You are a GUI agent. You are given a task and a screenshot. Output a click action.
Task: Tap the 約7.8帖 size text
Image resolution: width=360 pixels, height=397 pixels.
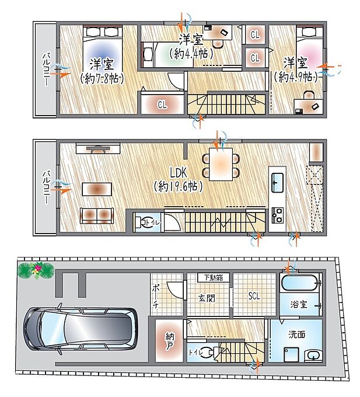102,79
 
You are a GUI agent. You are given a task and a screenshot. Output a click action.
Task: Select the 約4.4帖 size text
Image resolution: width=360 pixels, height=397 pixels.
191,54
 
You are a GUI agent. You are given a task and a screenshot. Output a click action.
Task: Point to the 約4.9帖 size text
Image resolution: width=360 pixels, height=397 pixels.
296,77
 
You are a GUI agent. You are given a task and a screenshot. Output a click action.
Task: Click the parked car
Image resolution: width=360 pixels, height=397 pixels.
81,329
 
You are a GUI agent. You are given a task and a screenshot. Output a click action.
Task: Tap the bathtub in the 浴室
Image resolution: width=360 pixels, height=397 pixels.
299,283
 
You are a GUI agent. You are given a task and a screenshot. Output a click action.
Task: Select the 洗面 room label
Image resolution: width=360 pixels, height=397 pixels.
297,335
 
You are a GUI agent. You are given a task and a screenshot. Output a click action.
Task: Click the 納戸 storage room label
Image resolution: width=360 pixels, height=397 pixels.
170,341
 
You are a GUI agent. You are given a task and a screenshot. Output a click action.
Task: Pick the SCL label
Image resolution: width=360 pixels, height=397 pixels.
254,296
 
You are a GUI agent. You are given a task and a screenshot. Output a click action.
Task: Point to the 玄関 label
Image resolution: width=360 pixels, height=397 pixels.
207,298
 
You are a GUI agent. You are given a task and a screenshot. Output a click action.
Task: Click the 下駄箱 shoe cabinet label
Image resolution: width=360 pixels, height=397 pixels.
214,278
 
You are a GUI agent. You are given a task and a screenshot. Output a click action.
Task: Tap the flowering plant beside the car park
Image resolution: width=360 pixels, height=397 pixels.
36,270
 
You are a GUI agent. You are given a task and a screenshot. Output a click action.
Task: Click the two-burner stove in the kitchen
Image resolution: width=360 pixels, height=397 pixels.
277,215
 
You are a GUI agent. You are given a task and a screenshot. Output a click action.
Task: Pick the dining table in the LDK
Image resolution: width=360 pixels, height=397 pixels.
221,164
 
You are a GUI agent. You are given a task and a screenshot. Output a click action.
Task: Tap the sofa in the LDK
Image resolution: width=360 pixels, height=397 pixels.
97,215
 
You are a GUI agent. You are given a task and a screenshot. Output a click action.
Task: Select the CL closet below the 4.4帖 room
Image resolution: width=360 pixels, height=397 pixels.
162,104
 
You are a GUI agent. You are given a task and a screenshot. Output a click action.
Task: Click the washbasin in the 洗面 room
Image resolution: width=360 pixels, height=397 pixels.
314,356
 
